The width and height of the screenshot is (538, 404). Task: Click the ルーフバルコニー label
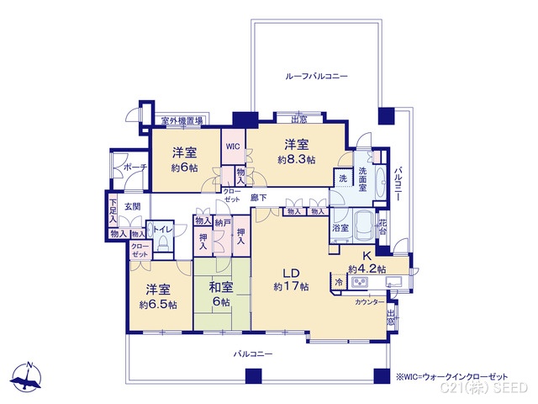[316, 76]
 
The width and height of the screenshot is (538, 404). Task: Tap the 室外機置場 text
[182, 121]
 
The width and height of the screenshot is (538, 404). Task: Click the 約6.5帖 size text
[158, 305]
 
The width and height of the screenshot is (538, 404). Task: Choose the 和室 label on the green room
[223, 289]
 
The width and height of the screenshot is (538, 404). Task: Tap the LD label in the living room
[291, 272]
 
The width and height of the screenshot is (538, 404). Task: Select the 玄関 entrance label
[133, 205]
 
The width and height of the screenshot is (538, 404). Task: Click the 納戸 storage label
[221, 222]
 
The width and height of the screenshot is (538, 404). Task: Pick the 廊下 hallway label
[259, 197]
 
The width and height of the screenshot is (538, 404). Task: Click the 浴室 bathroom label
[341, 228]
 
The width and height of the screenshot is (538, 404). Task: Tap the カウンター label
[370, 301]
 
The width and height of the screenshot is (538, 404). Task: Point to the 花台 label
[382, 227]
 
